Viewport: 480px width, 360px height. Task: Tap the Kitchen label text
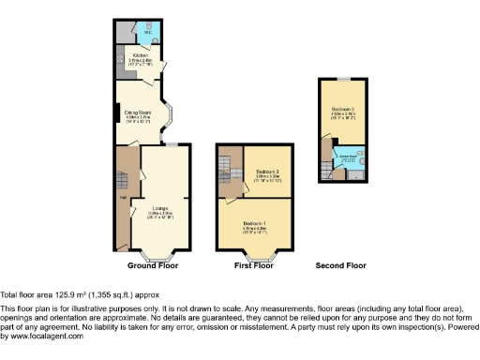(141, 55)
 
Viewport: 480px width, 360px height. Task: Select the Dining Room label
(138, 112)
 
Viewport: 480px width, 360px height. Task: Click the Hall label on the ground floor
(122, 197)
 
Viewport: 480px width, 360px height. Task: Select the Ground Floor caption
(154, 266)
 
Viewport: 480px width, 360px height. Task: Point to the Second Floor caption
(340, 266)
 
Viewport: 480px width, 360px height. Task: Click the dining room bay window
(172, 114)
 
